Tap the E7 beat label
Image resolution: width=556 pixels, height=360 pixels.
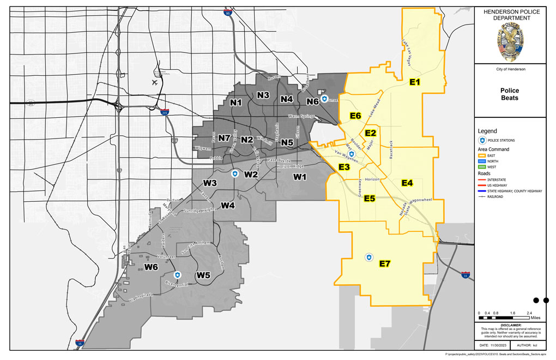[x=385, y=264]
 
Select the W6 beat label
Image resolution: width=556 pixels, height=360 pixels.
[x=151, y=267]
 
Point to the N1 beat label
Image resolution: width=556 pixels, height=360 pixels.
[x=236, y=102]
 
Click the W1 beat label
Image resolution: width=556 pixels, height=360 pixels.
[x=300, y=177]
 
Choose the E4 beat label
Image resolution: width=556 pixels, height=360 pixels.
[x=407, y=183]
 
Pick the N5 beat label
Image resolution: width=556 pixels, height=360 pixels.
[x=287, y=143]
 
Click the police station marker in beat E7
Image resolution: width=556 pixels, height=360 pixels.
[x=369, y=256]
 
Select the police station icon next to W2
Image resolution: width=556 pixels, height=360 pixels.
[x=235, y=173]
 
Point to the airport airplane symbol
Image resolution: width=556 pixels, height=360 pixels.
[x=155, y=83]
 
